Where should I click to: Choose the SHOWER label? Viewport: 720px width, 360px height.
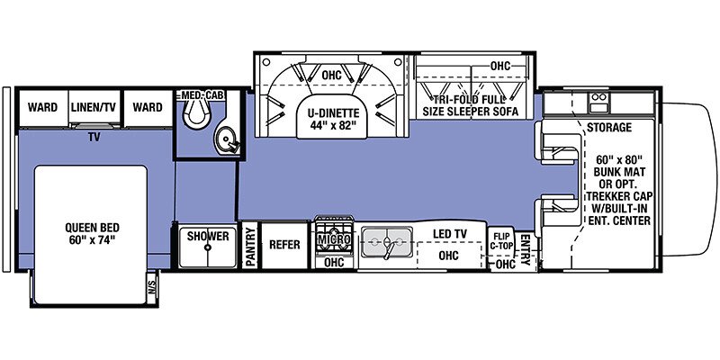click(208, 237)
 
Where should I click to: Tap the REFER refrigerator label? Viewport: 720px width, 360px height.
click(284, 244)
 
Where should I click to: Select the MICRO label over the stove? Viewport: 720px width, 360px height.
click(332, 241)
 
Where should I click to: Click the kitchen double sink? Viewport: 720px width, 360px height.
click(387, 242)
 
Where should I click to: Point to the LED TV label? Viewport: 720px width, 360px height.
click(449, 235)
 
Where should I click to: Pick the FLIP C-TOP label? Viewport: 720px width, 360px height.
click(500, 240)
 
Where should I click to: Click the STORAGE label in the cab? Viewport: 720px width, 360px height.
click(609, 128)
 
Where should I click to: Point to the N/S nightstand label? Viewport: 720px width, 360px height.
click(150, 288)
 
